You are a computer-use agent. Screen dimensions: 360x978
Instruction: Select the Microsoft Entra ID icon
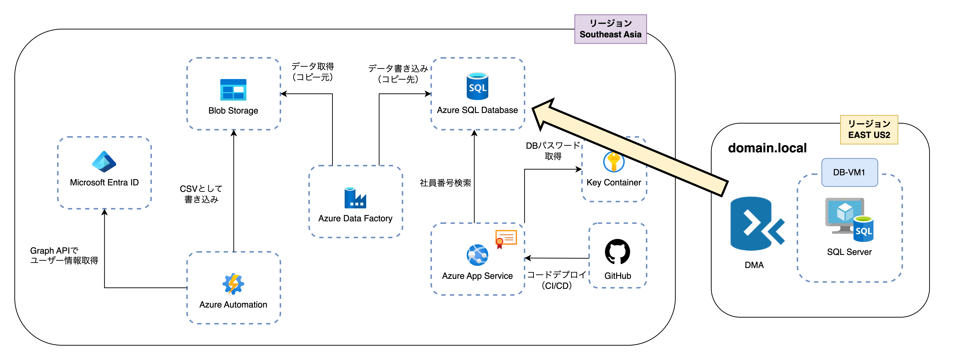point(104,162)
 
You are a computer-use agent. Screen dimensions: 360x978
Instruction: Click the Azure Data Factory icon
point(355,198)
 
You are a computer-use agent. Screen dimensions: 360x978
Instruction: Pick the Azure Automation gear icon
point(233,284)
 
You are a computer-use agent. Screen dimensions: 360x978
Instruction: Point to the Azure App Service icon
point(477,255)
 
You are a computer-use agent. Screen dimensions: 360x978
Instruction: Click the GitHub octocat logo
point(617,251)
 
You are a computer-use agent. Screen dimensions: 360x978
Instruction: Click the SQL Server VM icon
point(849,220)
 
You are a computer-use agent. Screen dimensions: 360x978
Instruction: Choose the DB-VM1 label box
point(849,172)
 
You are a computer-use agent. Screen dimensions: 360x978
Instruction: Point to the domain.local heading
point(767,148)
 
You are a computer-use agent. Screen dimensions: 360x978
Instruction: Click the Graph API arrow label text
point(64,256)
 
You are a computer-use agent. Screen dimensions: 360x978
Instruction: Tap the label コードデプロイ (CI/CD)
point(556,280)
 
